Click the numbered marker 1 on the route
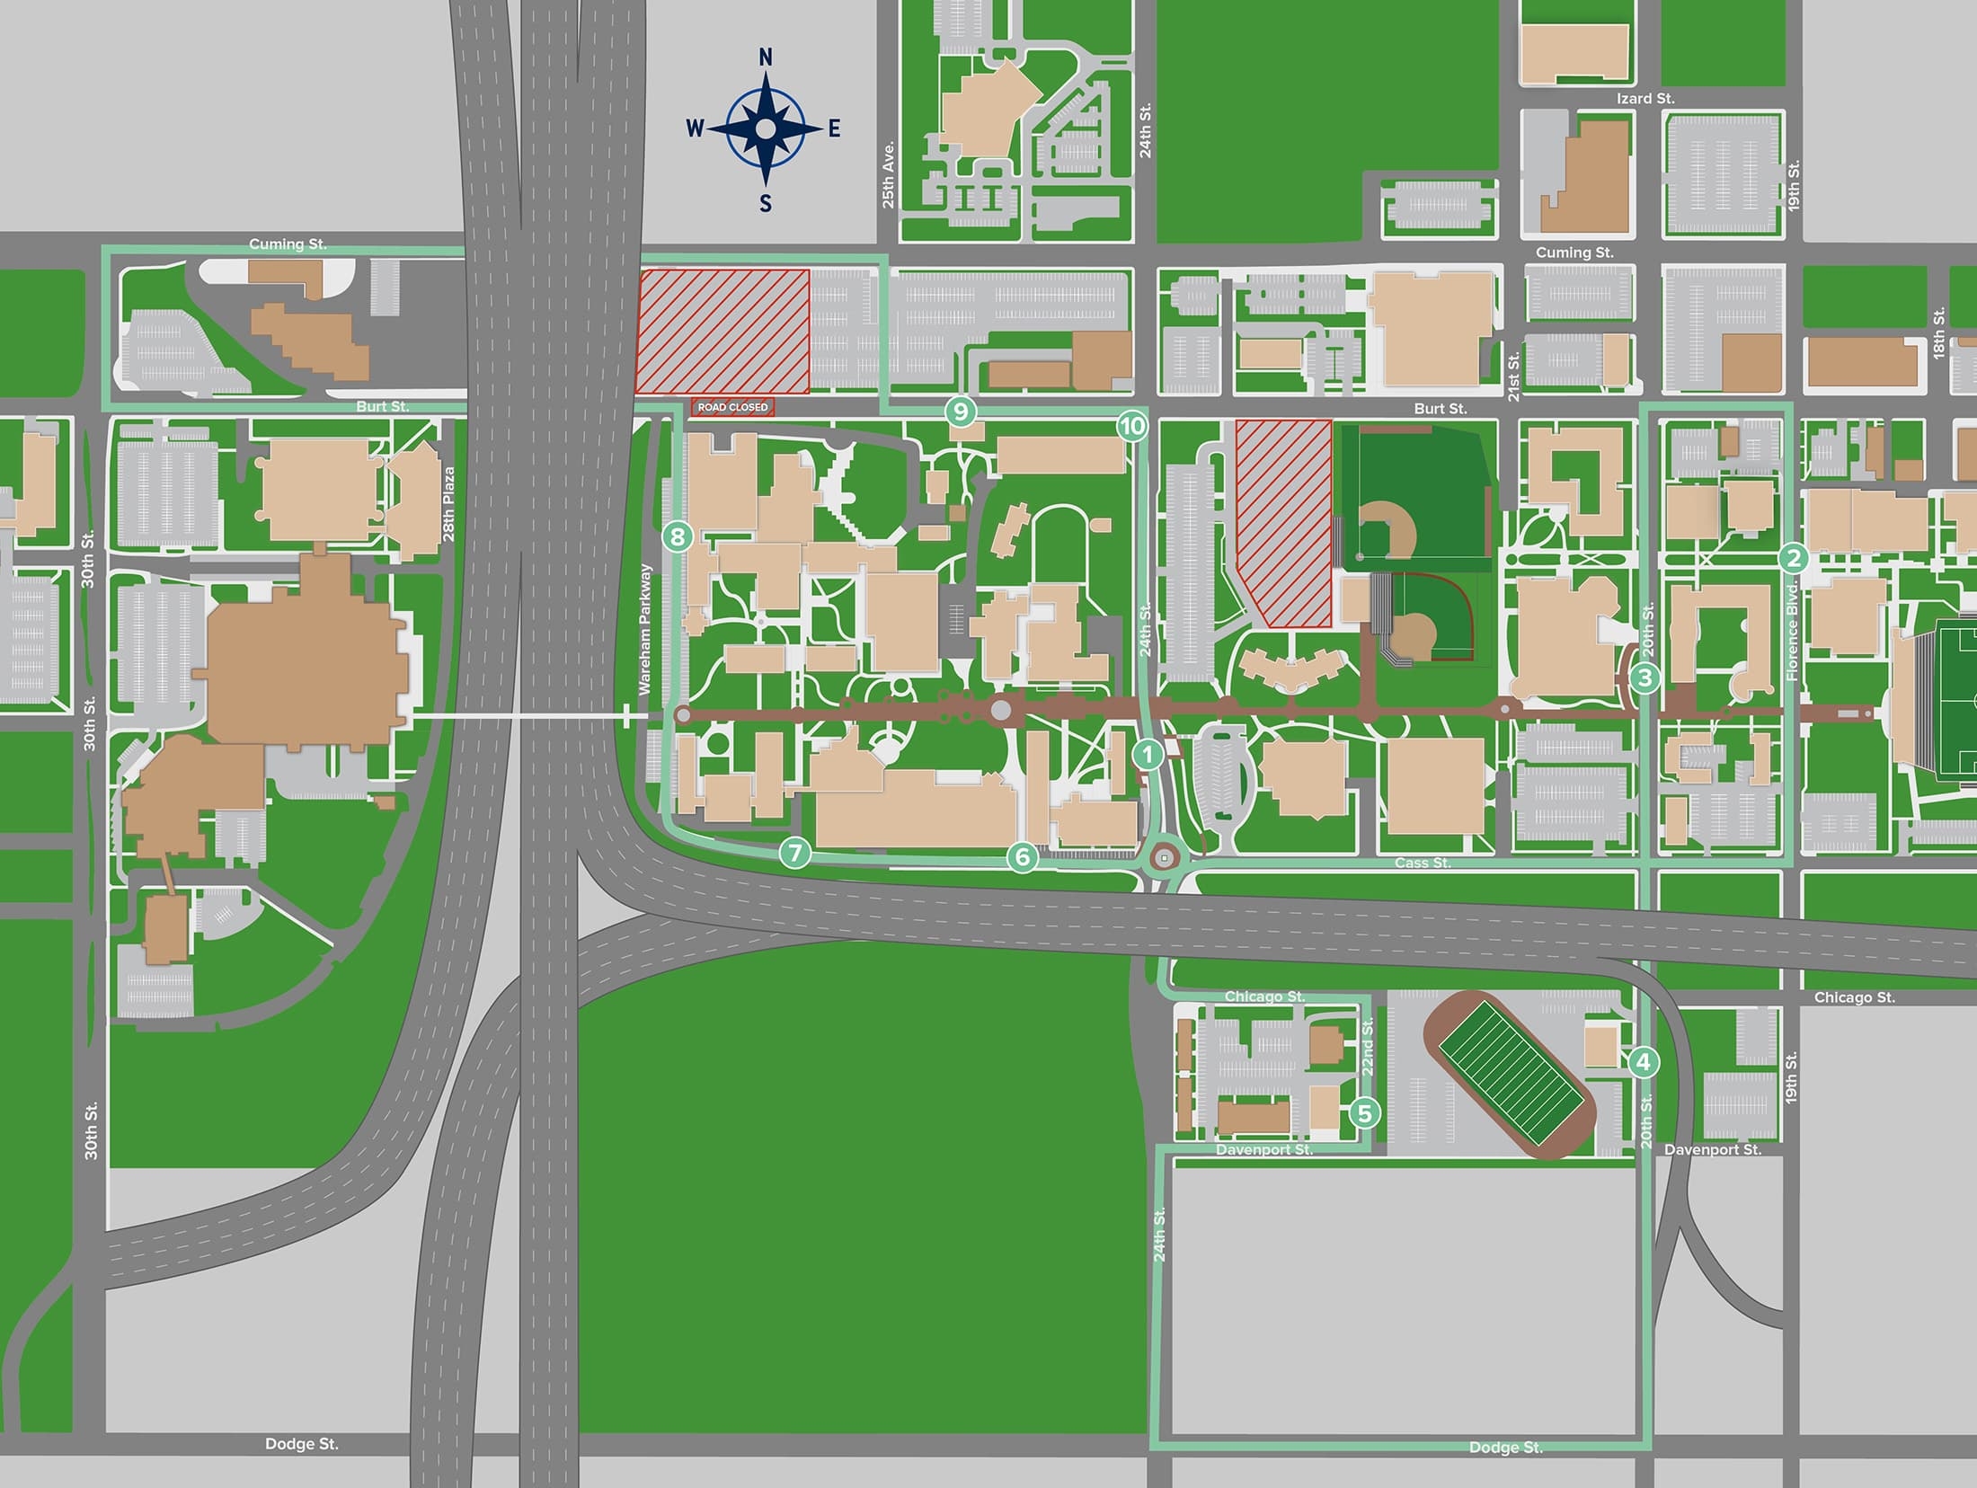click(x=1148, y=754)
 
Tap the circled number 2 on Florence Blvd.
click(x=1793, y=558)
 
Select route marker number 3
click(x=1645, y=678)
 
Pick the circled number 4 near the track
click(x=1644, y=1062)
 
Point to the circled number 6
click(x=1022, y=857)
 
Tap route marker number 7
click(x=794, y=852)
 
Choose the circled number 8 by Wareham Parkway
click(x=678, y=537)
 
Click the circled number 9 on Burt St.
click(x=961, y=412)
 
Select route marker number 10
click(x=1132, y=426)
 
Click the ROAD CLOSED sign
click(x=732, y=407)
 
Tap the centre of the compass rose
click(x=765, y=129)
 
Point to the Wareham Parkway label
click(x=643, y=629)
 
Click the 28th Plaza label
click(x=448, y=503)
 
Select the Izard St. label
click(x=1645, y=99)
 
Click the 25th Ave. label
click(x=888, y=174)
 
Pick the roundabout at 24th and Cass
click(x=1165, y=859)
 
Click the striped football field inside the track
click(x=1510, y=1073)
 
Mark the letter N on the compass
click(x=766, y=58)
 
